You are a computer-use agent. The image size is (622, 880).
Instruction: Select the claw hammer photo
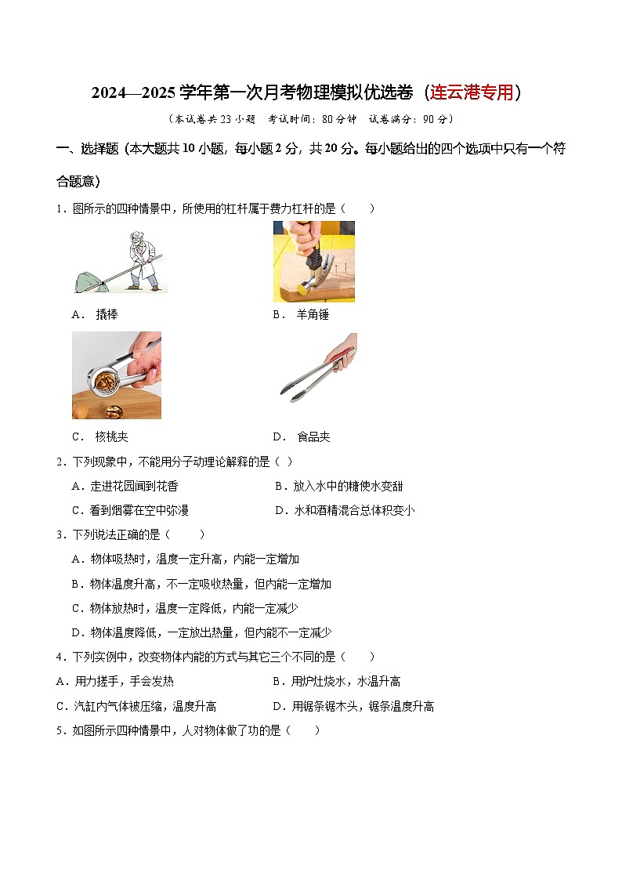[313, 261]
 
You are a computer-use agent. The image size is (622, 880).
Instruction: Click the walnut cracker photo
[116, 375]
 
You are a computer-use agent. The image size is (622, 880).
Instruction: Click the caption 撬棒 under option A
[107, 314]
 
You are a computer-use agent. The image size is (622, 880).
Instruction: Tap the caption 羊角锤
[313, 314]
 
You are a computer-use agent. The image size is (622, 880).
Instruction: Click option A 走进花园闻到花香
[125, 486]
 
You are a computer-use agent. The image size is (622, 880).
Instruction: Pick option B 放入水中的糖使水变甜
[339, 486]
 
